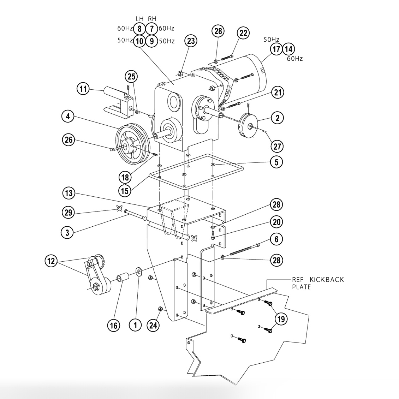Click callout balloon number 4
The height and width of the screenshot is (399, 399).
pos(67,116)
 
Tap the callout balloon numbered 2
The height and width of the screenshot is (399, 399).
pos(277,118)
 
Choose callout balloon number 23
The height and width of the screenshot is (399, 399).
pos(191,41)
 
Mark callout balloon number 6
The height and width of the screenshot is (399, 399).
pos(276,239)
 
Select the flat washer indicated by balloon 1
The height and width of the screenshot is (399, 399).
pos(139,272)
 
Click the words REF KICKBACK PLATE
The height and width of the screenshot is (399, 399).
pos(317,283)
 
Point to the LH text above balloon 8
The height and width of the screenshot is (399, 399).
pos(140,18)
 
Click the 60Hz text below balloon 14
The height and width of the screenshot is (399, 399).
pos(294,59)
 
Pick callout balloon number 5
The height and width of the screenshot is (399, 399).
pos(276,162)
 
